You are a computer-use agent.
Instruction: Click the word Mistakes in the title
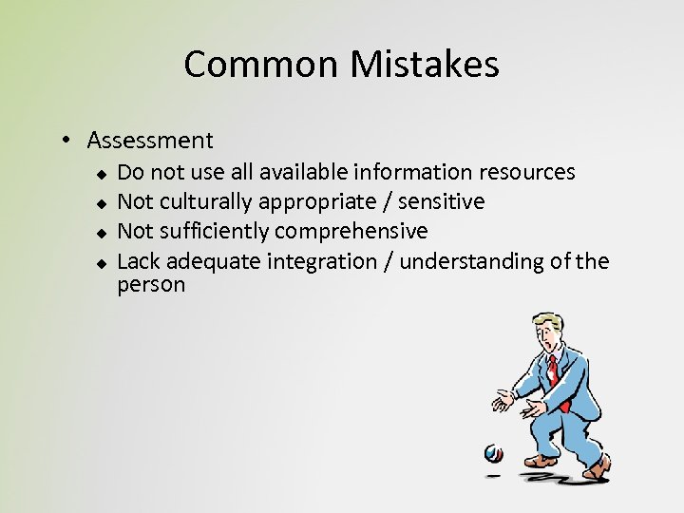(x=425, y=65)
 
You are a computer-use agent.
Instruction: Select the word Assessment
(x=150, y=141)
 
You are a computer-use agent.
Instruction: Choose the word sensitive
(x=441, y=201)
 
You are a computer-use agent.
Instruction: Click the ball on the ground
(x=493, y=453)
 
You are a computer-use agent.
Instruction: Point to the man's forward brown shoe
(x=541, y=460)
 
